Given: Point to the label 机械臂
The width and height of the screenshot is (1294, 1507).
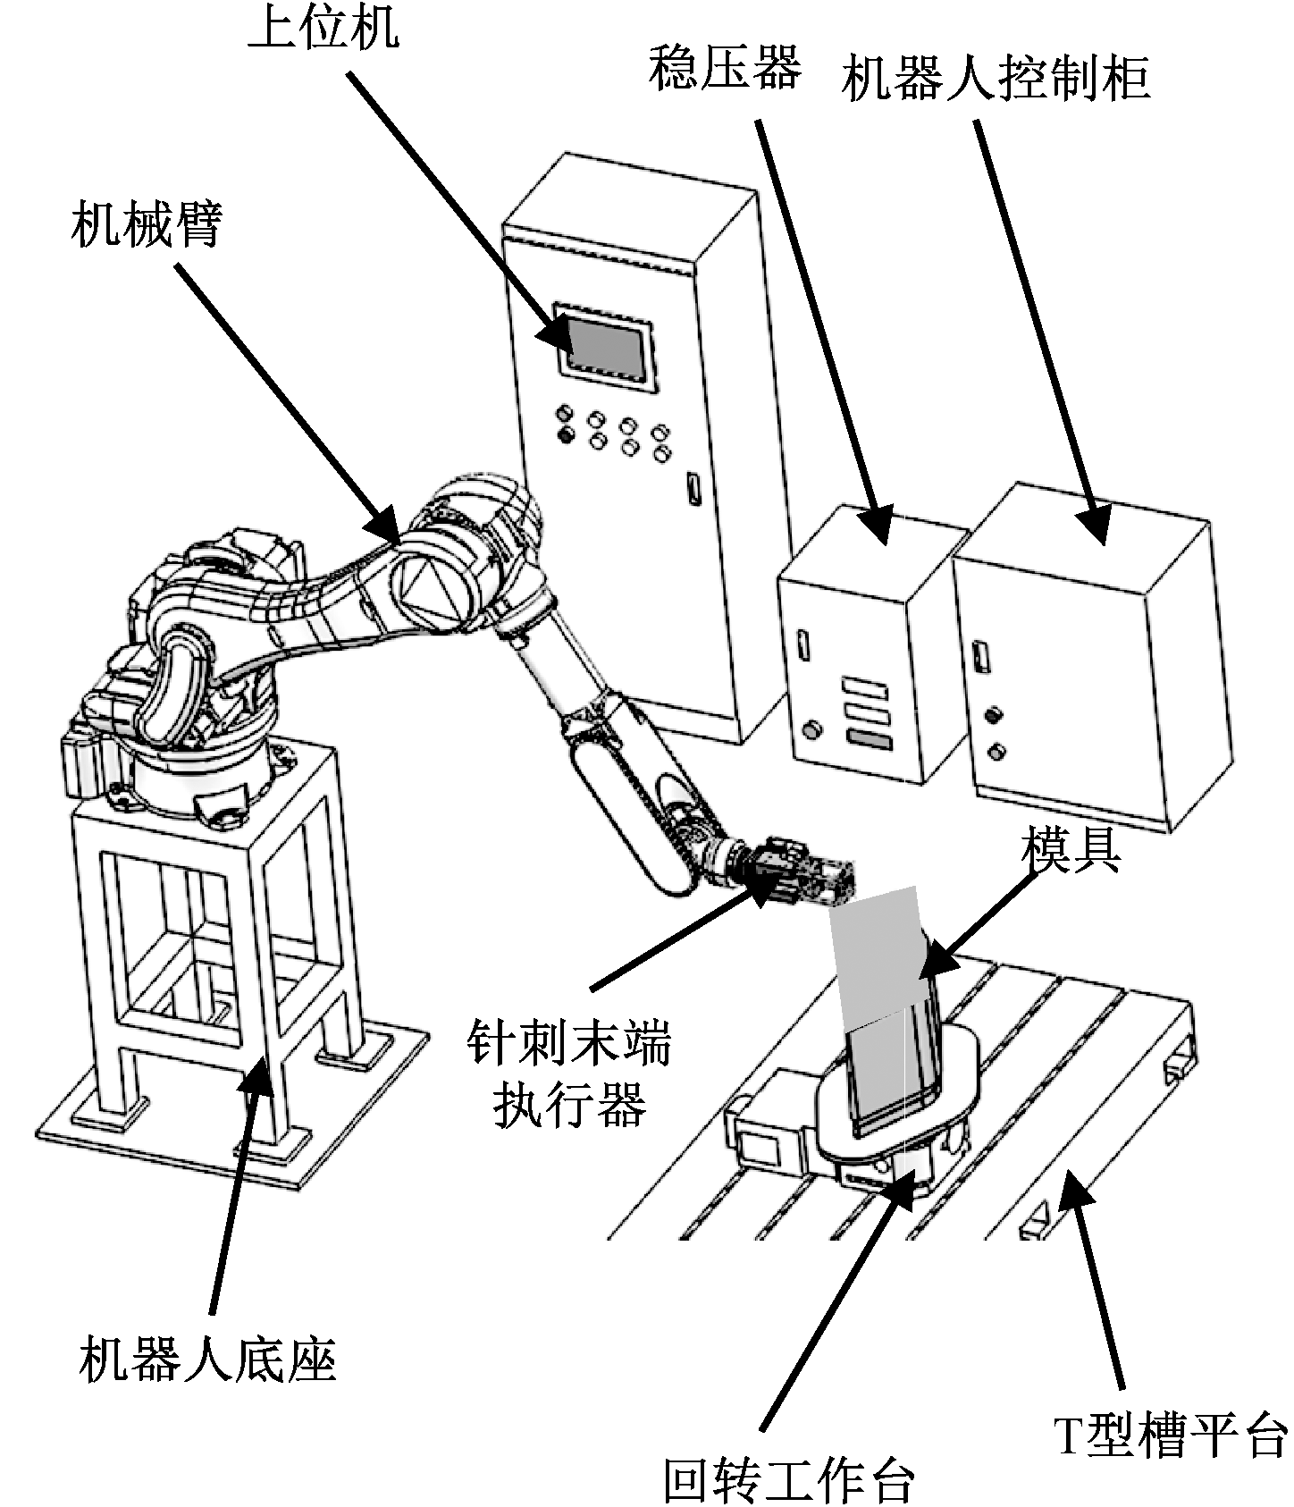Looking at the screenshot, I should coord(147,225).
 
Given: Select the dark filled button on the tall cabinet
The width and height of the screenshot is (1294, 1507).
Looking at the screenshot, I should coord(565,435).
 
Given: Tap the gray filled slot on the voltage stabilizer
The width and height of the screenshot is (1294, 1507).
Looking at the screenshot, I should coord(870,740).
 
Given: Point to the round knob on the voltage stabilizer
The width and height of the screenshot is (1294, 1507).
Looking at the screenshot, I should coord(811,729).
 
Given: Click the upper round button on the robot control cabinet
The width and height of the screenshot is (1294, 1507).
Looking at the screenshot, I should coord(992,715).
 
